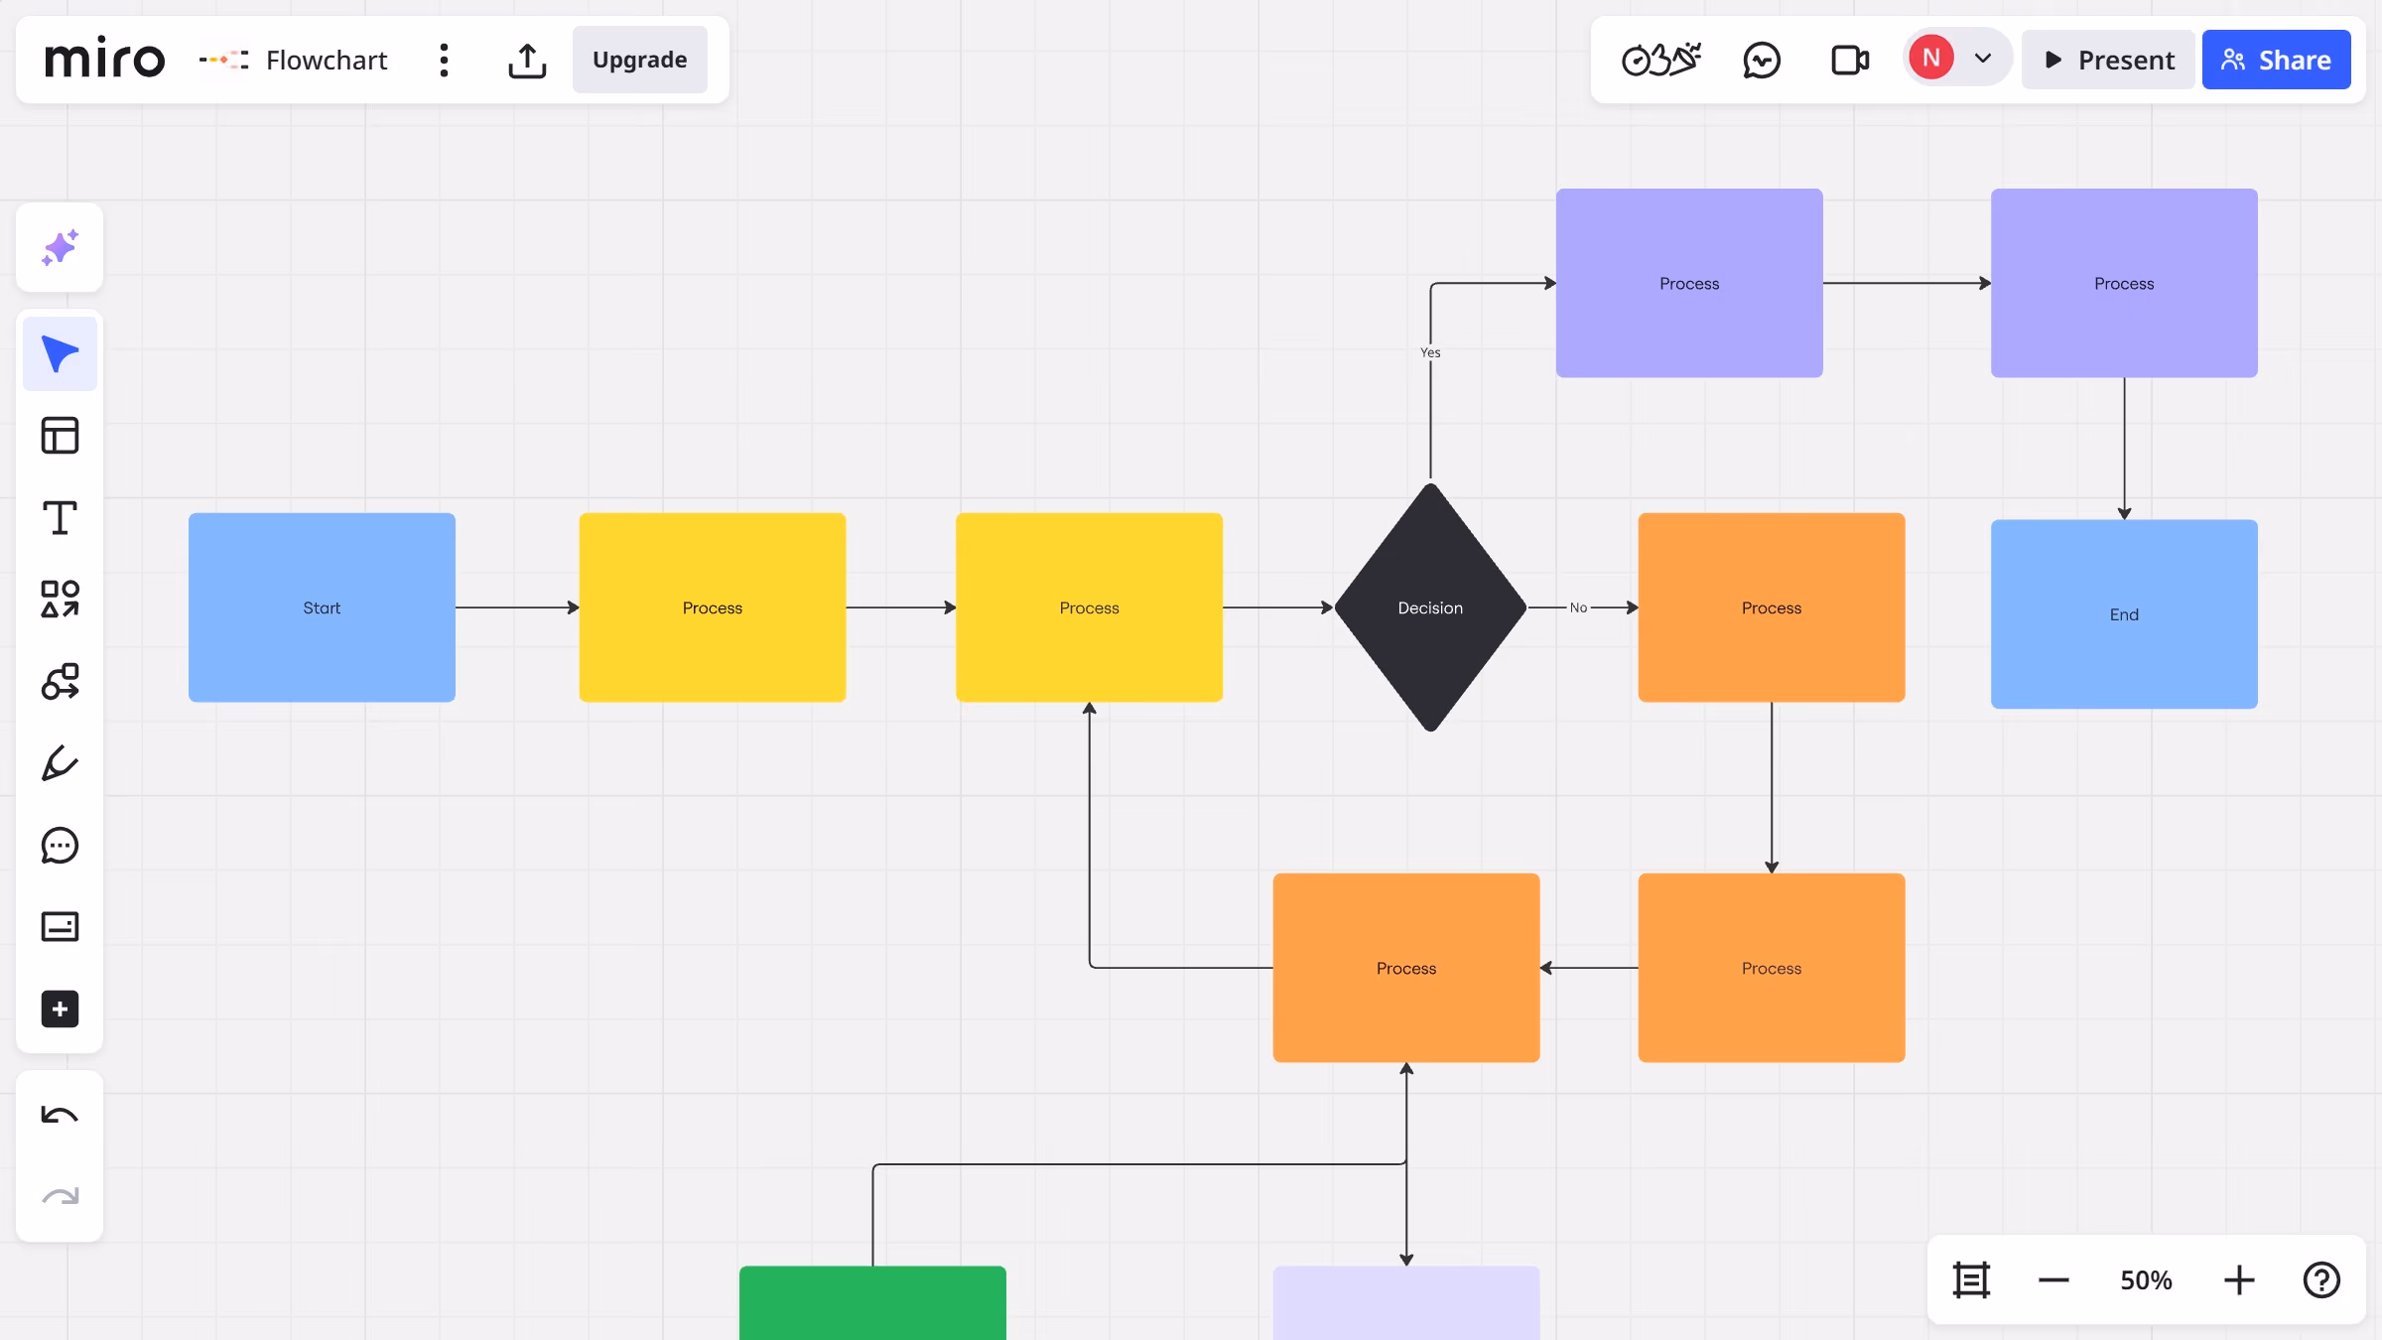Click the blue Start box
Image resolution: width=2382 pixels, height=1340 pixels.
[x=322, y=607]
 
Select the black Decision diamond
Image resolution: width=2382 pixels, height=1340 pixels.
[x=1430, y=607]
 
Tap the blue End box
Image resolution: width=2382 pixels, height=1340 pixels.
[x=2124, y=614]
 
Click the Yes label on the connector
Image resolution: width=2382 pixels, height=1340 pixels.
[x=1430, y=352]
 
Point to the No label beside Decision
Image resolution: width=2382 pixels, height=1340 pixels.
[x=1578, y=607]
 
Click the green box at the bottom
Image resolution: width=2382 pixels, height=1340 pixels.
[x=872, y=1302]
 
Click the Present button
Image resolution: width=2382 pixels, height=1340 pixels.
[x=2108, y=60]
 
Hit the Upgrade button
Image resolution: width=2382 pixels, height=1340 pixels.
[x=640, y=60]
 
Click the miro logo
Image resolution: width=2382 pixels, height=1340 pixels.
[x=104, y=59]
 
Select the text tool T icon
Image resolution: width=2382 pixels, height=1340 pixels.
[x=60, y=517]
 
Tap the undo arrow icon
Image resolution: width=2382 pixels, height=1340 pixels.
[x=60, y=1115]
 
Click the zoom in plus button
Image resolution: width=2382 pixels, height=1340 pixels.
[x=2239, y=1280]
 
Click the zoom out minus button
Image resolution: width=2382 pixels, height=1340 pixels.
[x=2053, y=1280]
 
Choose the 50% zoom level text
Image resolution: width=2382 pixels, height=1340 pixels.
[x=2146, y=1280]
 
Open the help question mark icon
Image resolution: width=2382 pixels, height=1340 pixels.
[x=2321, y=1280]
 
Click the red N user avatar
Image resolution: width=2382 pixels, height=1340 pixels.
[x=1931, y=58]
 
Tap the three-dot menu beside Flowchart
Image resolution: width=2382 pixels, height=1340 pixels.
[x=444, y=60]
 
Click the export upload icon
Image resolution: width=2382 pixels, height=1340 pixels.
[x=527, y=60]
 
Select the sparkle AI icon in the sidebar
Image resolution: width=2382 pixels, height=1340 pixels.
[x=60, y=247]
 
